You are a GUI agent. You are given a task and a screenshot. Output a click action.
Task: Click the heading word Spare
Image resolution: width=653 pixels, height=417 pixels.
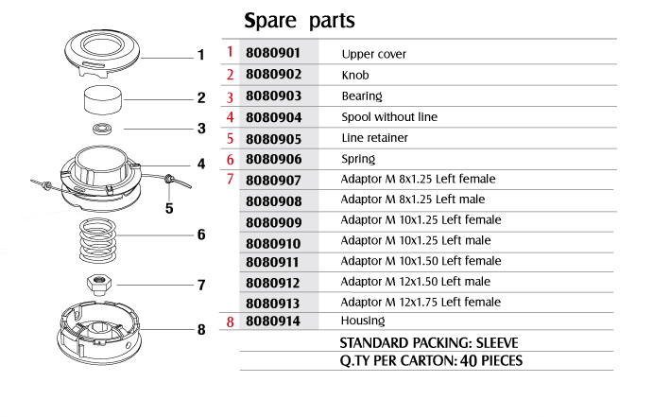pos(270,21)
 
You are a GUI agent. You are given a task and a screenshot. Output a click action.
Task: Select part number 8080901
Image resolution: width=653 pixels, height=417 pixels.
pos(273,53)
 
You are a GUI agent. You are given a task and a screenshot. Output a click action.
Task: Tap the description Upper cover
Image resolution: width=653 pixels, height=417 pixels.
pos(373,54)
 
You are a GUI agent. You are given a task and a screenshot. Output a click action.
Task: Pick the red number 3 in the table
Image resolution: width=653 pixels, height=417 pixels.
pos(230,97)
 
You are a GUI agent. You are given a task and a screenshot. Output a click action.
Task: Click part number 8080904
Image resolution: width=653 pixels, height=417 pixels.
pos(273,117)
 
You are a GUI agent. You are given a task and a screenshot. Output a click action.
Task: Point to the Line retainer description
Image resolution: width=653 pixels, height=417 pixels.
pos(374,138)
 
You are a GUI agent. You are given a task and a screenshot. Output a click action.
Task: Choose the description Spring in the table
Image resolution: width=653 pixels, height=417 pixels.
pos(358,159)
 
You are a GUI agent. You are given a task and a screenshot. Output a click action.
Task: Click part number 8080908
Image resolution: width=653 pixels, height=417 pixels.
pos(273,201)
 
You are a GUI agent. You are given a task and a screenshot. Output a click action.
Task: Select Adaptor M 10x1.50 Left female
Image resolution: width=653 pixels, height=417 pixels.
pos(421,261)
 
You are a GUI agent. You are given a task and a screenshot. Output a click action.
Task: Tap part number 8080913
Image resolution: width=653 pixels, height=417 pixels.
pos(273,304)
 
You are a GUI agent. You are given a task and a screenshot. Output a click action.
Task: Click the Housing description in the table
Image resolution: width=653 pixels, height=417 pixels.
pos(363,321)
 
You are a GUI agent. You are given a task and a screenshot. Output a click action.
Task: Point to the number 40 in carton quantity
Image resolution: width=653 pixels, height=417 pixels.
pos(469,360)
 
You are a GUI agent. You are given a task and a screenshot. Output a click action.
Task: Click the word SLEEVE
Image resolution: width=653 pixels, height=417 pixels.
pos(497,343)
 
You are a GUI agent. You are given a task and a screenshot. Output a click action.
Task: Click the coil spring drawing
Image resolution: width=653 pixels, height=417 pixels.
pos(97,241)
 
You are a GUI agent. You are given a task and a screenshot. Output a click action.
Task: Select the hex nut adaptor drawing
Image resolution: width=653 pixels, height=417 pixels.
pos(99,285)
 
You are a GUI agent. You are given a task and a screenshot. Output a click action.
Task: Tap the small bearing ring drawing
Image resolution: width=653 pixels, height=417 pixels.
pos(102,129)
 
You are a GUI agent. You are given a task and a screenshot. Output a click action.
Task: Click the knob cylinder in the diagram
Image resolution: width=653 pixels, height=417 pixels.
pos(103,100)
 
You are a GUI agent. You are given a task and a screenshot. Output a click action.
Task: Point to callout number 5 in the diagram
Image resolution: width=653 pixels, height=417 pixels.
pos(169,208)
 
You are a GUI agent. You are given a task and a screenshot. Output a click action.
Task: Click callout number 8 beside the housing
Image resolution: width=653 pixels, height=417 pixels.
pos(201,329)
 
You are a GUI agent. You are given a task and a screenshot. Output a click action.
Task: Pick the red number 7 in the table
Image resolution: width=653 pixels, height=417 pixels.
pos(230,179)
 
